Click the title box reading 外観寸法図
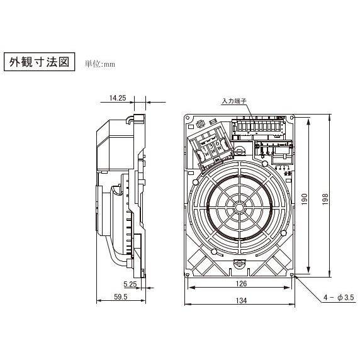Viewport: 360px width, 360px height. [x=40, y=62]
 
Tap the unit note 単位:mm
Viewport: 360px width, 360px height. [x=100, y=64]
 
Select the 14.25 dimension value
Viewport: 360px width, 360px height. [x=118, y=98]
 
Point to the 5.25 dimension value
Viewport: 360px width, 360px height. [x=130, y=284]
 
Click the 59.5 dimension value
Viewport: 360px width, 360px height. [x=121, y=297]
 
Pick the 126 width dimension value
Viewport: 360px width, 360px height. [x=241, y=284]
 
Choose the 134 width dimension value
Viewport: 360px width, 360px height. [x=241, y=301]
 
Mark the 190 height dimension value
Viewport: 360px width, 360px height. [x=304, y=200]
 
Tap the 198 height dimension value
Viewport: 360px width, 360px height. [x=325, y=200]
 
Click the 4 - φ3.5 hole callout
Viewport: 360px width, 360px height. [x=339, y=298]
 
